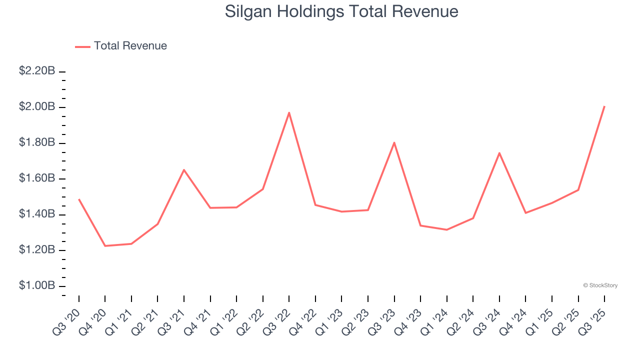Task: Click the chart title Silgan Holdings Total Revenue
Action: [x=341, y=11]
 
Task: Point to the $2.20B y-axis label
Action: [x=37, y=71]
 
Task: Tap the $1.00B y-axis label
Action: [x=37, y=285]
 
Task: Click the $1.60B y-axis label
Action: [x=37, y=178]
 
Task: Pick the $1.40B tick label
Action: [x=37, y=214]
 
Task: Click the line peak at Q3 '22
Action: [x=289, y=112]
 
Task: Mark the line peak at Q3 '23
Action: [x=394, y=142]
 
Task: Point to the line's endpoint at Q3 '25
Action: [x=604, y=106]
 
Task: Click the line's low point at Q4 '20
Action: [x=105, y=246]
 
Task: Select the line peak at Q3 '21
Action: [x=184, y=170]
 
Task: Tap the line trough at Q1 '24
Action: [x=446, y=230]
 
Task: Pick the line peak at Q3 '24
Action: [x=499, y=153]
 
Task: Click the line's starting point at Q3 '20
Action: [x=79, y=199]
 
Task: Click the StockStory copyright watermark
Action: [x=600, y=285]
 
